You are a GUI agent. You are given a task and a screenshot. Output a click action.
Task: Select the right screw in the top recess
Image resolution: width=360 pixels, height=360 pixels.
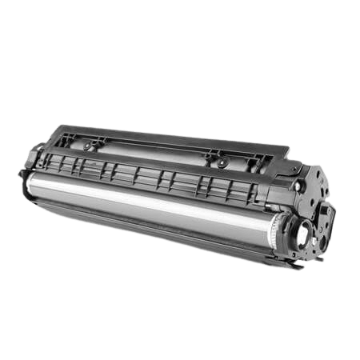tap(221, 162)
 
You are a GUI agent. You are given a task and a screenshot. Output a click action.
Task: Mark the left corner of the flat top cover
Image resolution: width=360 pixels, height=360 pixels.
tap(58, 126)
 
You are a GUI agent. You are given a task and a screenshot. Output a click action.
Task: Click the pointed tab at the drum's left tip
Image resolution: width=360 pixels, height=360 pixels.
tap(20, 172)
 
